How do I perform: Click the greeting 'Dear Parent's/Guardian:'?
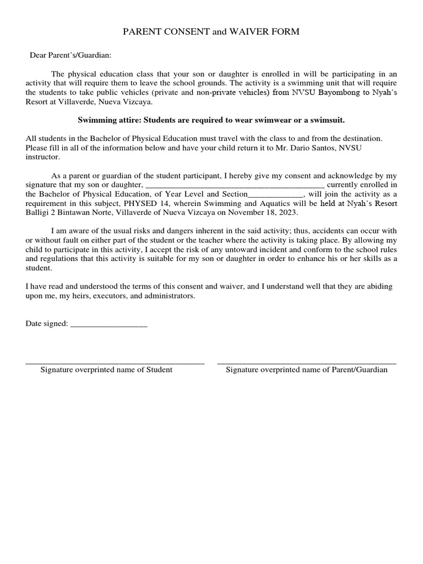point(70,55)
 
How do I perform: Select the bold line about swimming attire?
point(211,120)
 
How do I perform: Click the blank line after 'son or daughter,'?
point(235,185)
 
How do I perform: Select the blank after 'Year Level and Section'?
point(275,194)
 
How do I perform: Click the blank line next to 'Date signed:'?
point(109,324)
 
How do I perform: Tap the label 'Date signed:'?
point(47,323)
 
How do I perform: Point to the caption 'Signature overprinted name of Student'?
point(106,370)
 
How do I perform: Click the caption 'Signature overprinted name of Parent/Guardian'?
point(306,370)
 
